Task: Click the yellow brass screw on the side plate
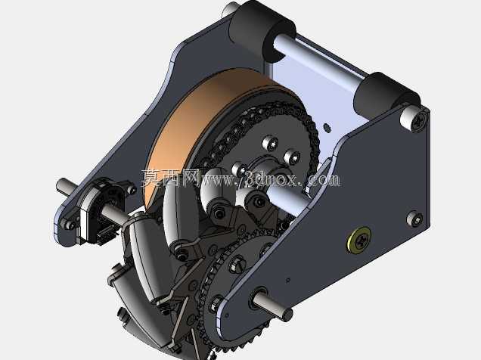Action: click(359, 239)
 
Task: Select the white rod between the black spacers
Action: click(320, 61)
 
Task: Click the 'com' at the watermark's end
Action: click(324, 180)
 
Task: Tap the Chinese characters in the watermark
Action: click(171, 178)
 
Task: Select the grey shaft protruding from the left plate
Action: click(67, 187)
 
